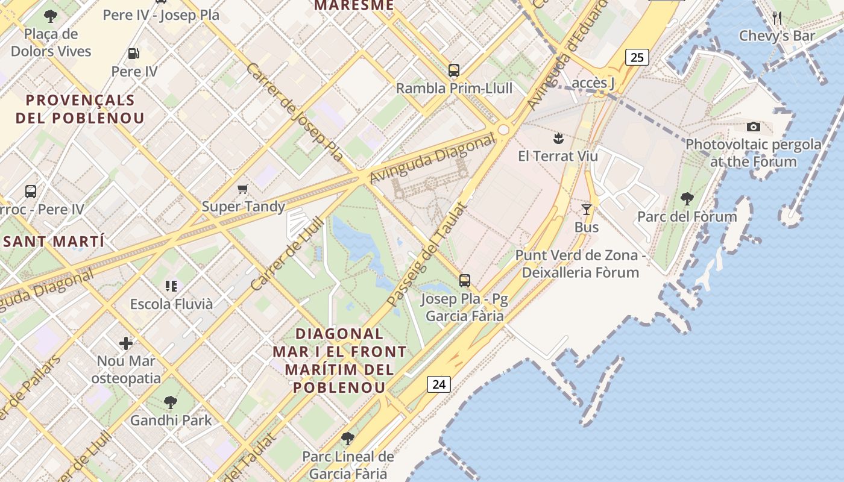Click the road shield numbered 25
tap(637, 57)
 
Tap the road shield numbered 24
tap(439, 384)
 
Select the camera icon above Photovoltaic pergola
tap(753, 127)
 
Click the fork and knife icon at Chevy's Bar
tap(777, 17)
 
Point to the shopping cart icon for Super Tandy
tap(243, 189)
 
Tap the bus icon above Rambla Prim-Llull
tap(454, 70)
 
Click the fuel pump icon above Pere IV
tap(134, 54)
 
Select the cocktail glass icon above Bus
tap(586, 210)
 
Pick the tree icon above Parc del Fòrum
tap(687, 198)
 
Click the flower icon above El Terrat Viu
tap(558, 139)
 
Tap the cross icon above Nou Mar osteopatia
tap(126, 343)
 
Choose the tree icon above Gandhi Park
tap(171, 402)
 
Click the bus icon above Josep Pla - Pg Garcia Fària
tap(464, 281)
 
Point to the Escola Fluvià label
tap(172, 304)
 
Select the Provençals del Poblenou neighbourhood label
tap(80, 108)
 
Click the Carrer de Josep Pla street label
tap(294, 112)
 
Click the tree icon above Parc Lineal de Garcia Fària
tap(347, 438)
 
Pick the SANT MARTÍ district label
tap(54, 242)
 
